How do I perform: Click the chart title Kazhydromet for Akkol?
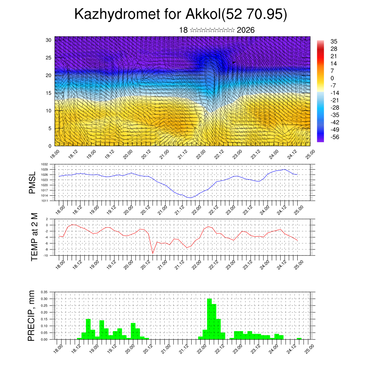click(x=181, y=15)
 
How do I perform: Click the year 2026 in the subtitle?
click(x=246, y=30)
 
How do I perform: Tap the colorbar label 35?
click(x=334, y=41)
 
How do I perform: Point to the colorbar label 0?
click(x=332, y=78)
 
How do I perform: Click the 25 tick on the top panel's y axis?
click(x=49, y=58)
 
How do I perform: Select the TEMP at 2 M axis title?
click(x=34, y=237)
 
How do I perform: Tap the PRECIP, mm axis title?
click(x=32, y=316)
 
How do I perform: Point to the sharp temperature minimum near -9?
click(x=153, y=253)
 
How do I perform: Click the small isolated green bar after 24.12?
click(x=299, y=339)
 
